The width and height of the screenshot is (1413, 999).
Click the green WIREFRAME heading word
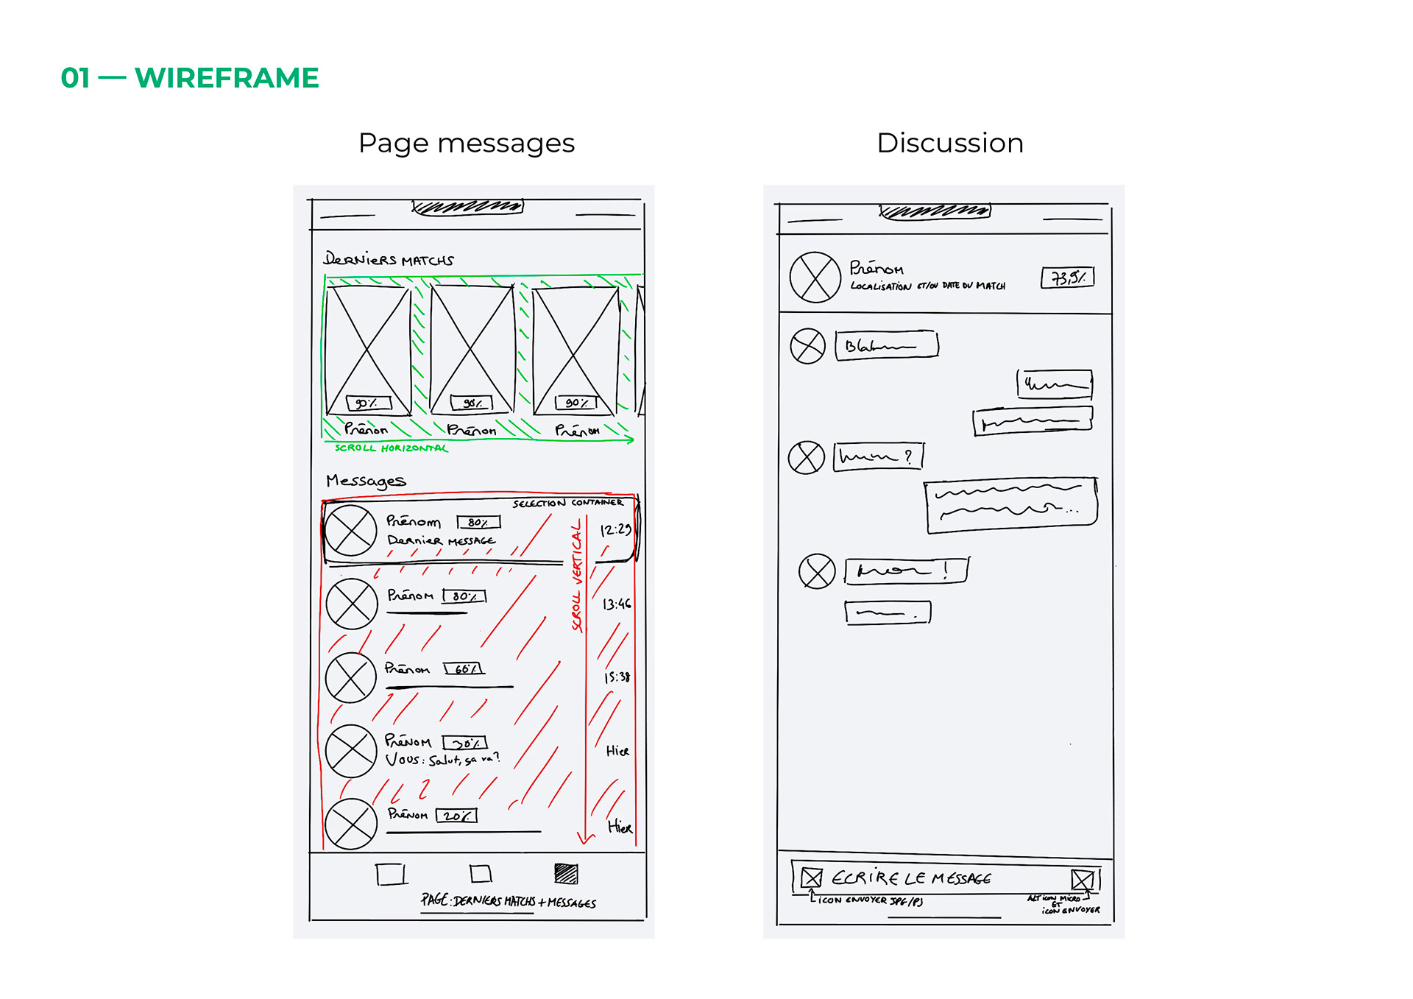[x=227, y=78]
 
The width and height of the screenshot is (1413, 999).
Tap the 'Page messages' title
[x=466, y=143]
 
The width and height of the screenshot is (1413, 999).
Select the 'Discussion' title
[x=949, y=143]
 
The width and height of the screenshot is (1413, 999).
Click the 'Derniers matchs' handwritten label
[x=389, y=259]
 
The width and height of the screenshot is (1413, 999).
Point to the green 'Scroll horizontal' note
[x=391, y=448]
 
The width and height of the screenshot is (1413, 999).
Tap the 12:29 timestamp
[x=615, y=530]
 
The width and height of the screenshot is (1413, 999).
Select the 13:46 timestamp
[x=617, y=604]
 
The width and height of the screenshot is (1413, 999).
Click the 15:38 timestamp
[x=617, y=677]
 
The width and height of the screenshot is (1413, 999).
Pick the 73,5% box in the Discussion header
[x=1067, y=278]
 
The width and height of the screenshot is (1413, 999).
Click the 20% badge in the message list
[x=456, y=816]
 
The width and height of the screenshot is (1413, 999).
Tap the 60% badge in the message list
[x=464, y=668]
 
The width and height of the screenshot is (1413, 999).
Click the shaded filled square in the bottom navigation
[x=566, y=874]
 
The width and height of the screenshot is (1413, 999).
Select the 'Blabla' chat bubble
[x=887, y=345]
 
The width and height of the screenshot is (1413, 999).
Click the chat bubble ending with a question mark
[x=878, y=456]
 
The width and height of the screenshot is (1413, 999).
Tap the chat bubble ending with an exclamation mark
[x=907, y=571]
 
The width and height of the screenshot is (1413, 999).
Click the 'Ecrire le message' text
[x=911, y=878]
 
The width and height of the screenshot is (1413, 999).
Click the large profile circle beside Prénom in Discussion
[x=815, y=278]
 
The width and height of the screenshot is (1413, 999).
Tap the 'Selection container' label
[x=567, y=503]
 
